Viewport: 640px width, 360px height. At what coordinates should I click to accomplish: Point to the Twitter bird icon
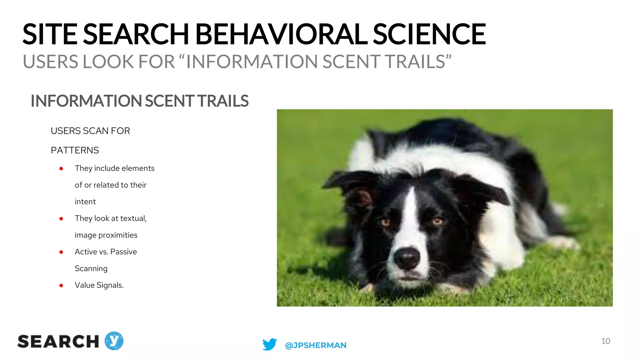pyautogui.click(x=269, y=344)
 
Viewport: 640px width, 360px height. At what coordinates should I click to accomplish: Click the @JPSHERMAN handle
pyautogui.click(x=316, y=345)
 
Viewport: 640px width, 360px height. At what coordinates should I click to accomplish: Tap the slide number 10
pyautogui.click(x=605, y=341)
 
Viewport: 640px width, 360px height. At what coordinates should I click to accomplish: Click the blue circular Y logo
pyautogui.click(x=114, y=341)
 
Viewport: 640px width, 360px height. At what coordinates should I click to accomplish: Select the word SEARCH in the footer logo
pyautogui.click(x=58, y=342)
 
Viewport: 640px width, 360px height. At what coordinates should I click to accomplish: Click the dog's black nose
pyautogui.click(x=407, y=257)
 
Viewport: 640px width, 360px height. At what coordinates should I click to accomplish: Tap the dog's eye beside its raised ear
pyautogui.click(x=385, y=222)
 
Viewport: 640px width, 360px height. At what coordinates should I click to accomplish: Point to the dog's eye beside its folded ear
pyautogui.click(x=437, y=222)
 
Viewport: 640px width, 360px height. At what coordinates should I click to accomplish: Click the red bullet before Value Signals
pyautogui.click(x=61, y=285)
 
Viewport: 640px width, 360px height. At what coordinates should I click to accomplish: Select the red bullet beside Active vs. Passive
pyautogui.click(x=61, y=252)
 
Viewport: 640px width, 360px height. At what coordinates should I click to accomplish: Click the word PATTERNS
pyautogui.click(x=75, y=150)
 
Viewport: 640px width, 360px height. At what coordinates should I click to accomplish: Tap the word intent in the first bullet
pyautogui.click(x=85, y=202)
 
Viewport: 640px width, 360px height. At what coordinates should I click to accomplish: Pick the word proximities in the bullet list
pyautogui.click(x=118, y=235)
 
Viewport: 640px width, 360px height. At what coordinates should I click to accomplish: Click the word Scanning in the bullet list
pyautogui.click(x=91, y=268)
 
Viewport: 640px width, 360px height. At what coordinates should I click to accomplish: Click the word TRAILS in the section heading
pyautogui.click(x=223, y=101)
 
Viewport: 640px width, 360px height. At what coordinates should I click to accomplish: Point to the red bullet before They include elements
pyautogui.click(x=61, y=169)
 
